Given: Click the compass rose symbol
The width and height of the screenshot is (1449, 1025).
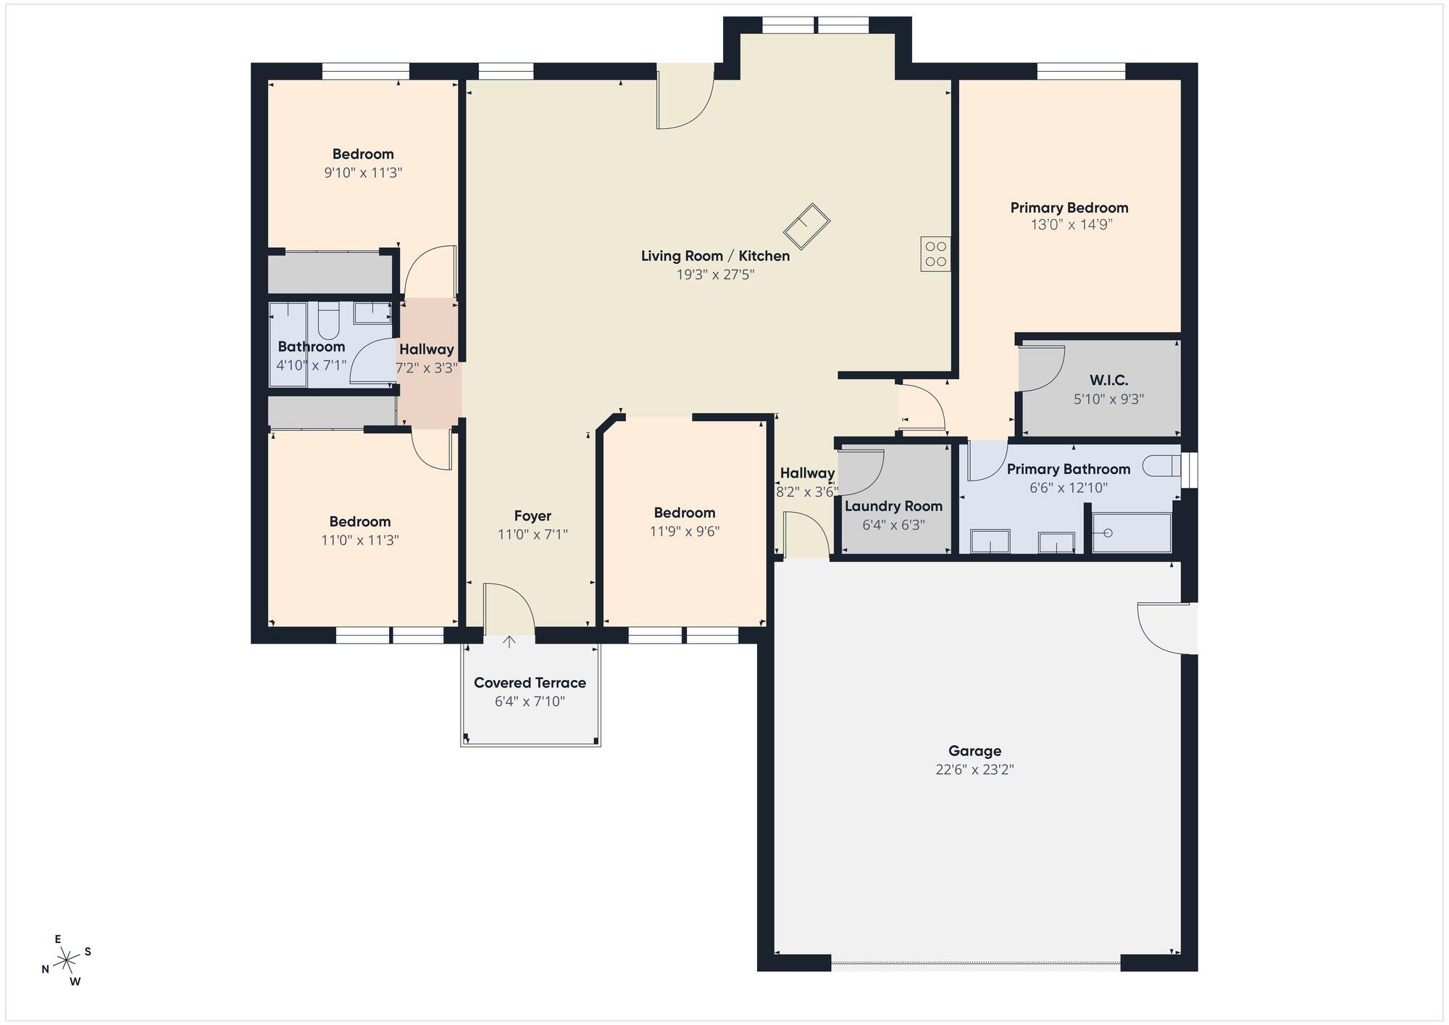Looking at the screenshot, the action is (67, 960).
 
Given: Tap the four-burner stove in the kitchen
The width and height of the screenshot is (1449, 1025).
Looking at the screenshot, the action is (935, 254).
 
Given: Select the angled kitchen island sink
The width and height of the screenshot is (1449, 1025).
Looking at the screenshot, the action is (806, 225).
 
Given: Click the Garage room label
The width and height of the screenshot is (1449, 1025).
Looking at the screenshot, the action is (974, 751).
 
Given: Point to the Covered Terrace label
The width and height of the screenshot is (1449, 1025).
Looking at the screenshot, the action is (530, 683).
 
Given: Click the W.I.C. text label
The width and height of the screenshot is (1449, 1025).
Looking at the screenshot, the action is (1108, 380).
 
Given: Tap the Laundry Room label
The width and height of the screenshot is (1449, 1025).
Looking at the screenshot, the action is (893, 506).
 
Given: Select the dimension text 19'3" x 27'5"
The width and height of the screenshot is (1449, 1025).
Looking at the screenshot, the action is (715, 275).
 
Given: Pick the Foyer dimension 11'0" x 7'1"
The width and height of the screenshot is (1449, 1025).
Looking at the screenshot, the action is (533, 535).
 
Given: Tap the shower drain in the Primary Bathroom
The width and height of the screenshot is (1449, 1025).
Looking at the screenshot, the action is (1107, 533).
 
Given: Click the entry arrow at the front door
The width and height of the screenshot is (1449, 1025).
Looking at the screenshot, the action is (509, 642).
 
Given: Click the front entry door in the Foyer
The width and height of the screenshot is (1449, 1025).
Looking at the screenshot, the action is (509, 609).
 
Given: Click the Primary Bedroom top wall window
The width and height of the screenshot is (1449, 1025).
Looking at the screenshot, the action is (1081, 71).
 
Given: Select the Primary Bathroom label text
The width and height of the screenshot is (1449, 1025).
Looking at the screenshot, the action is (1069, 469).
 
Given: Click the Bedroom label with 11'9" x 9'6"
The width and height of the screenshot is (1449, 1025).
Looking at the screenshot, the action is (685, 512).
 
